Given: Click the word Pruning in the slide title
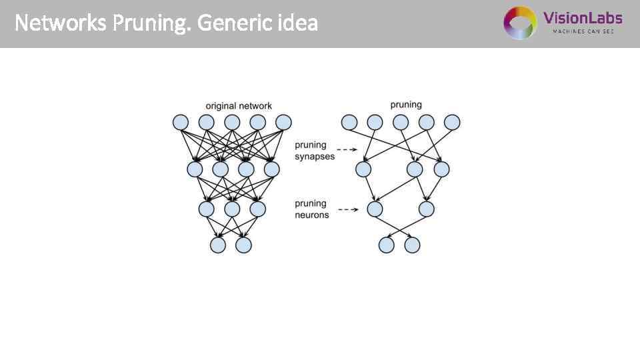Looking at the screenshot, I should tap(151, 24).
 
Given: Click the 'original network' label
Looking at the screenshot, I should tap(239, 106).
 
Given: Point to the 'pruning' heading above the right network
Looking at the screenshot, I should tap(406, 105).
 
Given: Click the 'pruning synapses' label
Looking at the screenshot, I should tap(311, 150).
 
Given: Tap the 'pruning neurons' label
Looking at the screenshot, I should tap(311, 209).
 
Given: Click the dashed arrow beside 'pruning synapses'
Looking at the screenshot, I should tap(347, 150).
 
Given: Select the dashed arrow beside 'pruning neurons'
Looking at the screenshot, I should tap(347, 209).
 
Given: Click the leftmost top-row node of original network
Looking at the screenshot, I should tap(181, 123).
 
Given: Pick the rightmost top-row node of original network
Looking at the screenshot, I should tap(283, 123).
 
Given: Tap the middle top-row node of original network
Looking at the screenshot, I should tap(232, 123).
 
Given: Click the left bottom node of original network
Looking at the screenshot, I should tap(218, 245).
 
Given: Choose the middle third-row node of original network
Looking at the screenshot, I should tap(232, 209).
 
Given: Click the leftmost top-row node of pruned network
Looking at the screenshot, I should tap(349, 123).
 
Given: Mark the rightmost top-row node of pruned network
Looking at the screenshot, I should tap(452, 123).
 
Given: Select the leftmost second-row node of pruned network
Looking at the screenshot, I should tap(363, 169).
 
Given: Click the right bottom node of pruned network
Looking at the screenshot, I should tap(413, 245).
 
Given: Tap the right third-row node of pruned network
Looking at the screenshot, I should tap(427, 209).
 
